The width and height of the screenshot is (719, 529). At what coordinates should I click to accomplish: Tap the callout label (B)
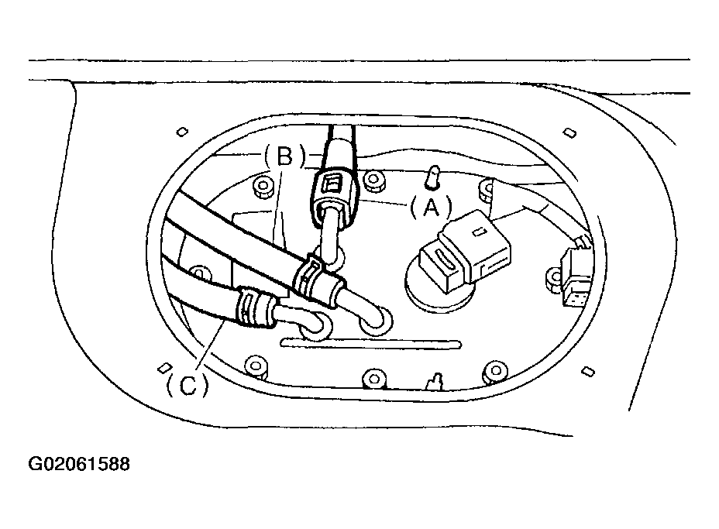tap(284, 156)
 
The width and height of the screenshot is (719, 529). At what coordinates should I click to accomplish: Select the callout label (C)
tap(187, 385)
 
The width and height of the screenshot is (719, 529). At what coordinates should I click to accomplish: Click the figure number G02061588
tap(79, 464)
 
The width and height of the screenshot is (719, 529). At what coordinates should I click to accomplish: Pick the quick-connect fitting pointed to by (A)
tap(334, 196)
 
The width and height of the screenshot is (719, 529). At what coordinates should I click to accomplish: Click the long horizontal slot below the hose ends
tap(371, 343)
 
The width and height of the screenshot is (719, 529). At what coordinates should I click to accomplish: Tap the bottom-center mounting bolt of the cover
tap(373, 379)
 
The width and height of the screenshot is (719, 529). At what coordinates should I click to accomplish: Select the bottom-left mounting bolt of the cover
tap(256, 366)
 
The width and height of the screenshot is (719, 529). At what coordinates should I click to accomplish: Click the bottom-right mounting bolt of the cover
tap(495, 371)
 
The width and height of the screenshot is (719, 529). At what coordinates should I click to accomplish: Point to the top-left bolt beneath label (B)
tap(263, 186)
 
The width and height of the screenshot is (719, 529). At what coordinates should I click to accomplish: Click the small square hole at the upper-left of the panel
tap(182, 132)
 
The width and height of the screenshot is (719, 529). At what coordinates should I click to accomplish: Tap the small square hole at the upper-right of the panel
tap(569, 133)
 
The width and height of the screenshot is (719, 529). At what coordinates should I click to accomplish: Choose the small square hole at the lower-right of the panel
tap(588, 371)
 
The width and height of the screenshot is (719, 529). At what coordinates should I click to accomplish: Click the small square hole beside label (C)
tap(164, 368)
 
